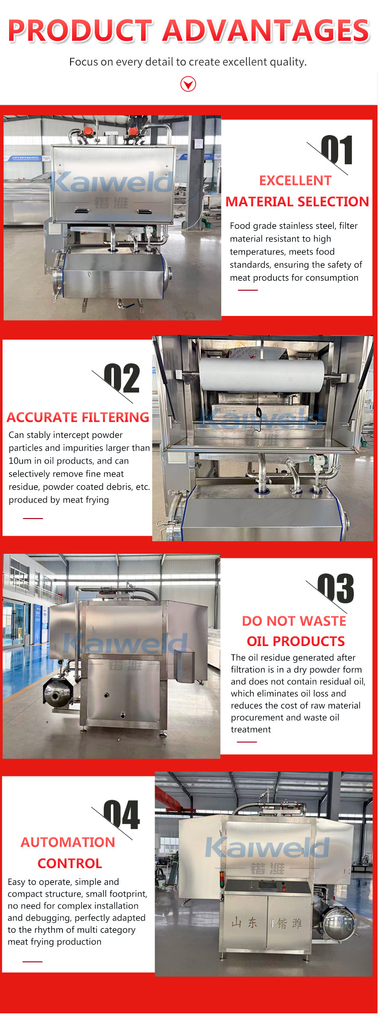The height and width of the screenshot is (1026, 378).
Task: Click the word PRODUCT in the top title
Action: click(x=81, y=31)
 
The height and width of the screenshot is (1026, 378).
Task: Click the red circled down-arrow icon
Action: click(x=188, y=84)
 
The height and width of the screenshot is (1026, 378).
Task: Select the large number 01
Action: click(x=337, y=150)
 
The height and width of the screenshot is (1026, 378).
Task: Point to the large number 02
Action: click(x=122, y=378)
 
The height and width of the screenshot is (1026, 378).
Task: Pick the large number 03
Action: click(x=336, y=589)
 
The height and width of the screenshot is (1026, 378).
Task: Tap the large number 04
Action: click(x=121, y=815)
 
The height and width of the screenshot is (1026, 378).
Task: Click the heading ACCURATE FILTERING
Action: click(x=78, y=417)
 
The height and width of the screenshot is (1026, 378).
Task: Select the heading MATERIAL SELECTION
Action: click(x=297, y=202)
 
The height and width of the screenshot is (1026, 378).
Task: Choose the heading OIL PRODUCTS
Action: click(x=296, y=641)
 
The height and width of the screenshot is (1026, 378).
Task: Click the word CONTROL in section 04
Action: click(x=70, y=863)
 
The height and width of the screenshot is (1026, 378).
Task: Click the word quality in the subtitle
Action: click(x=289, y=62)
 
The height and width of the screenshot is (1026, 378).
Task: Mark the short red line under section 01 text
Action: click(x=247, y=290)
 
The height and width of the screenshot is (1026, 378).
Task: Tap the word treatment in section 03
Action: click(x=251, y=729)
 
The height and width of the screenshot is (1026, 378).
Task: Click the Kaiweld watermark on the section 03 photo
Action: click(x=125, y=644)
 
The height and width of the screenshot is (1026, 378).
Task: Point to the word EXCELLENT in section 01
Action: click(x=295, y=180)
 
